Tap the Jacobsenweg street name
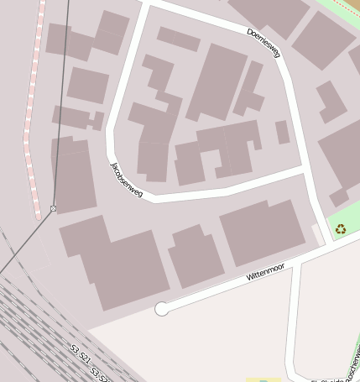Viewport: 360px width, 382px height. coord(126,181)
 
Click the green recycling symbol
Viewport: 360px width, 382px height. coord(341,228)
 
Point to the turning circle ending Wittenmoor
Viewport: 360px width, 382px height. coord(161,309)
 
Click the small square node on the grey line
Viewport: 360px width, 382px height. coord(54,208)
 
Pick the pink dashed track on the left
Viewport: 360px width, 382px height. coord(34,109)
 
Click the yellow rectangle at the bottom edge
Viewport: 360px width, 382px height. coord(263,379)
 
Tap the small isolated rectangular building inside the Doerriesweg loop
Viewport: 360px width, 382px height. coord(282,132)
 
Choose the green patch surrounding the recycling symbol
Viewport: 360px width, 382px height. coord(344,220)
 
